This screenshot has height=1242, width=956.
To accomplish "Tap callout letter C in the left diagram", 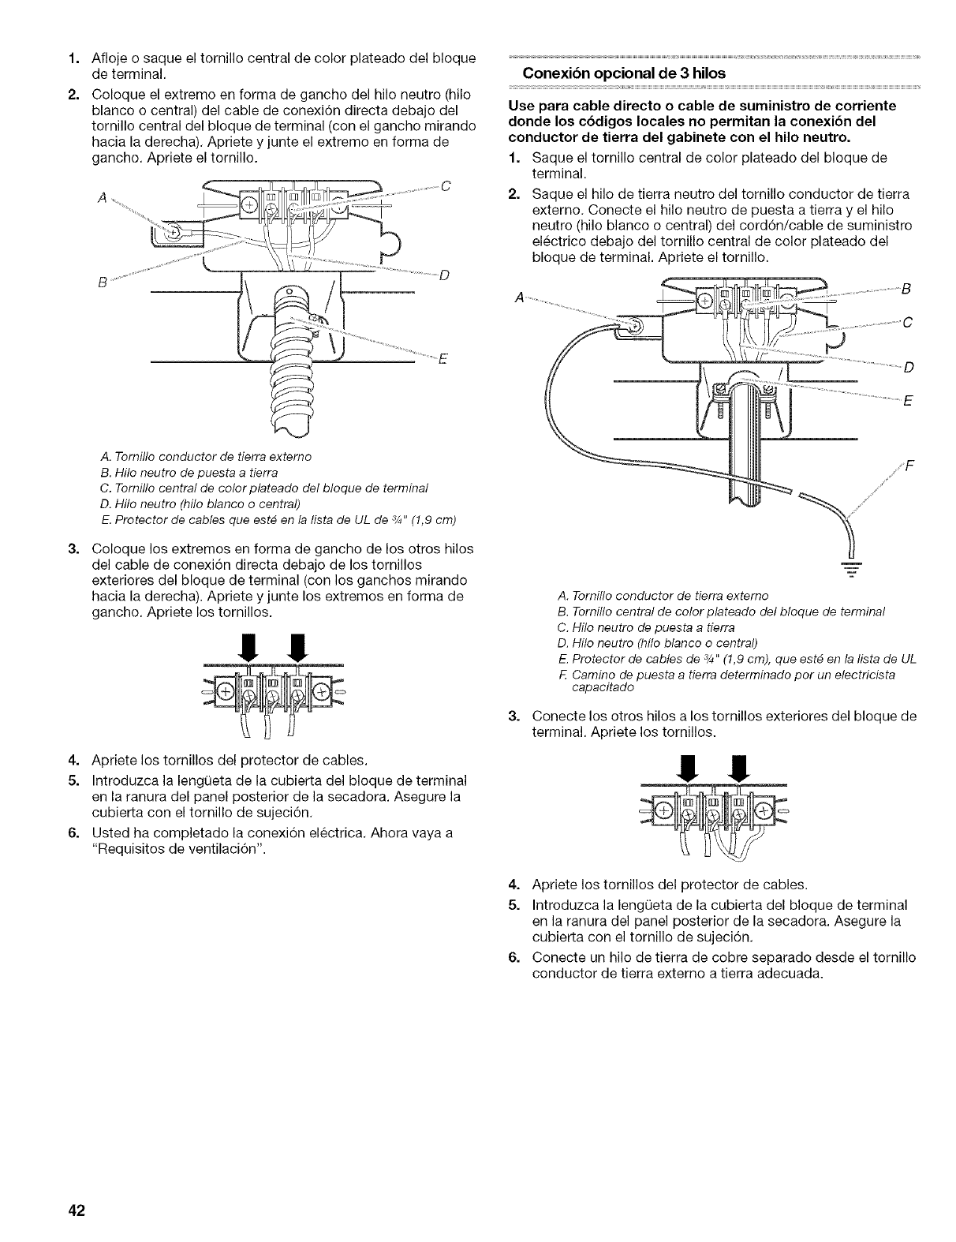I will (445, 186).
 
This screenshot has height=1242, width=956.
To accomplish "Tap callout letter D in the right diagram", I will (908, 366).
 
